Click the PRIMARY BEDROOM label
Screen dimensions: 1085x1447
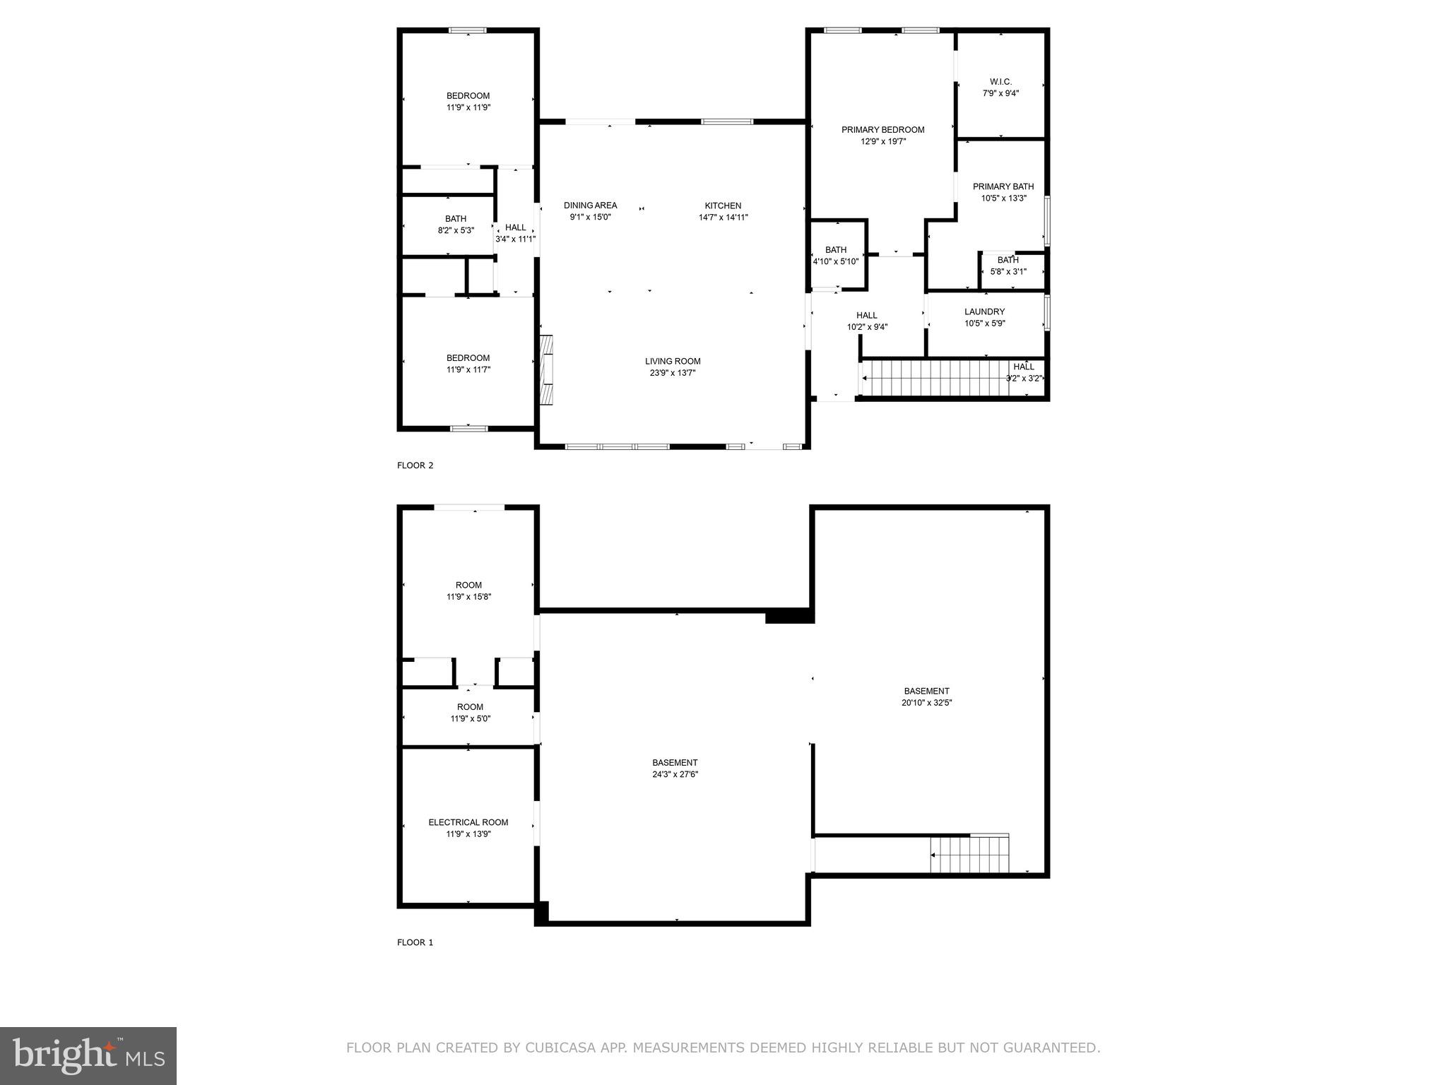[x=882, y=130]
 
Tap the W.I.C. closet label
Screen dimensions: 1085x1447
[x=1000, y=82]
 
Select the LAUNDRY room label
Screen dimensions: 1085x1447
[x=984, y=312]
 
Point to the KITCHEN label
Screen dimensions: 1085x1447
[x=723, y=206]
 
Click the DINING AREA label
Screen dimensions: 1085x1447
[x=590, y=206]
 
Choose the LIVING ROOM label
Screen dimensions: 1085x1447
[x=673, y=361]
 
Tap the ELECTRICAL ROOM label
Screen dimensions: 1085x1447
[x=468, y=822]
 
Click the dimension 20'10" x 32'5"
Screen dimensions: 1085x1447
[x=926, y=703]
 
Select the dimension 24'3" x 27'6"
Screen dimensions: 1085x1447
[x=675, y=774]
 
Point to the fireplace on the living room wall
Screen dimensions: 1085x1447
[x=545, y=369]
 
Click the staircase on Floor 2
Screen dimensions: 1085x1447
[x=933, y=378]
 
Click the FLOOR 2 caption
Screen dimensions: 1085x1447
[x=415, y=466]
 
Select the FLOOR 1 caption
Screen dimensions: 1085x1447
[x=415, y=942]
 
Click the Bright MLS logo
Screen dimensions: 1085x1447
[x=88, y=1056]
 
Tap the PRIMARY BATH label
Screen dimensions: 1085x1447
[x=1003, y=186]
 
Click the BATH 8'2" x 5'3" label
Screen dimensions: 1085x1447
[x=455, y=219]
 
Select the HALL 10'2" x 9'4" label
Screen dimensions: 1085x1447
[x=866, y=316]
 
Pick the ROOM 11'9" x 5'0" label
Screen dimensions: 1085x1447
[x=470, y=707]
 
